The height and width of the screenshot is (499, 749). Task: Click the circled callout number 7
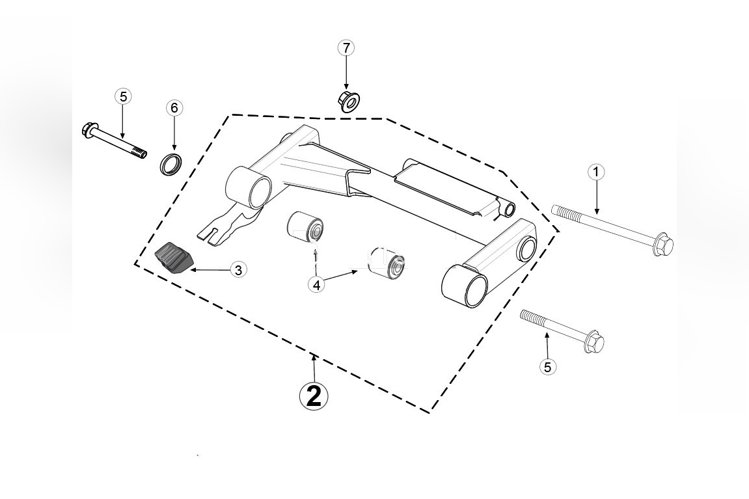click(346, 47)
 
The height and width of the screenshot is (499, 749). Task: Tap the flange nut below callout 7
click(349, 101)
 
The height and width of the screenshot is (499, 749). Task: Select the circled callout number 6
click(174, 108)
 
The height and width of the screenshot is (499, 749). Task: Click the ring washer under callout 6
click(170, 164)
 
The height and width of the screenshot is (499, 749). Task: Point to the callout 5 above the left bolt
click(123, 96)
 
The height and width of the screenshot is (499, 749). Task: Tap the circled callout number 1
click(595, 172)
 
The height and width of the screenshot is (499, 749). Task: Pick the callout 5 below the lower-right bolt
click(547, 367)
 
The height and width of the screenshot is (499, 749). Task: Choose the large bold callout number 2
click(314, 396)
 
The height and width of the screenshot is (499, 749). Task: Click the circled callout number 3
click(239, 270)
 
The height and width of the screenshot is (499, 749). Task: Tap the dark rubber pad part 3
click(174, 258)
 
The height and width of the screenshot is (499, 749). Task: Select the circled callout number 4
click(316, 285)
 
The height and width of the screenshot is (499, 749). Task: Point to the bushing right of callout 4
click(387, 263)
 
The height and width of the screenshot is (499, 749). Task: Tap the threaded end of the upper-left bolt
click(139, 154)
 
